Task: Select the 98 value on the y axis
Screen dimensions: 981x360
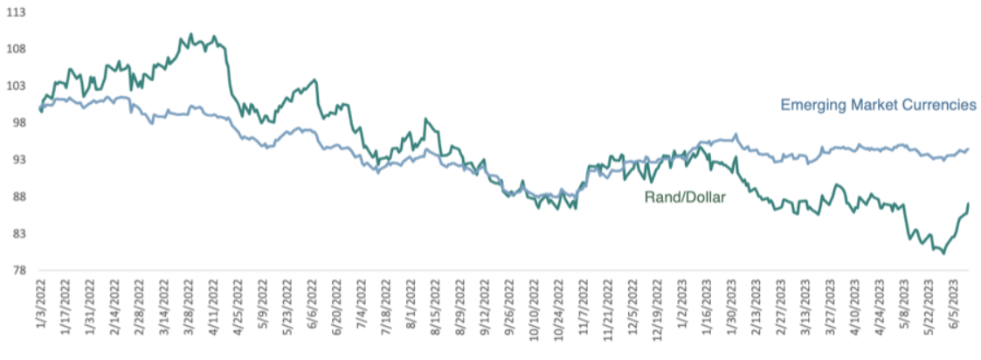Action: (x=15, y=122)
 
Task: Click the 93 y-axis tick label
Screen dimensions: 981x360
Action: (x=15, y=160)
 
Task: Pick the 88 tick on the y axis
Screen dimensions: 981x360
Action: (x=15, y=197)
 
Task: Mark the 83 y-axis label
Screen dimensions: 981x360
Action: (x=15, y=233)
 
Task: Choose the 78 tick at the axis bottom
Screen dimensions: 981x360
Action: (x=15, y=271)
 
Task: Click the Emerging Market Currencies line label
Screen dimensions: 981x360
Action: (x=879, y=105)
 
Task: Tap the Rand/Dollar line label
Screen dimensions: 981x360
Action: (x=685, y=197)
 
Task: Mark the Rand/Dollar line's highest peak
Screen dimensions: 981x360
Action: (x=190, y=34)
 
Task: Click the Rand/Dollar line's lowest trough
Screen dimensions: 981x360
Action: (x=943, y=253)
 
